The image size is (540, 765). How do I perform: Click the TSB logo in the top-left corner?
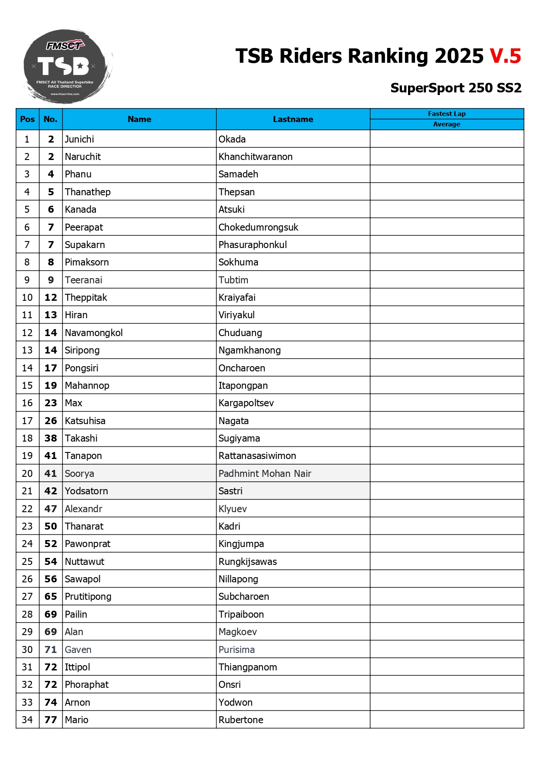coord(66,66)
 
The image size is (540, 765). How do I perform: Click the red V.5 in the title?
coord(505,56)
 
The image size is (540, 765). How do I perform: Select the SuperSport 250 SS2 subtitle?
coord(456,88)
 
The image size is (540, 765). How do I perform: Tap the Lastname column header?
coord(293,119)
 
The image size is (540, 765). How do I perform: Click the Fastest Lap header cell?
coord(446,114)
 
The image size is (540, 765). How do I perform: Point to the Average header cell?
coord(446,124)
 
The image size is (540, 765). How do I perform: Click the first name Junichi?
coord(79,139)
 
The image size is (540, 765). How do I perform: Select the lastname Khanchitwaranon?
coord(255,156)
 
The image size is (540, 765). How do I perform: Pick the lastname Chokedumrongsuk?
coord(258,227)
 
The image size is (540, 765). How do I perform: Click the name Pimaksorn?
coord(87,262)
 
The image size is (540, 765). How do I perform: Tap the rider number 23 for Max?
coord(51,403)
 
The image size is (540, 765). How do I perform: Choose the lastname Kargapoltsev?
coord(246,403)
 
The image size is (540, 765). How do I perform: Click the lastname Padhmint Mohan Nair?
coord(265,473)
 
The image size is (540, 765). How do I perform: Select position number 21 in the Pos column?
coord(27,491)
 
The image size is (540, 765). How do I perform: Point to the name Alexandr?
coord(84,509)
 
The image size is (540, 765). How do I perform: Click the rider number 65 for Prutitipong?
coord(51,596)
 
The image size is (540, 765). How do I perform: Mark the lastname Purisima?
coord(236,649)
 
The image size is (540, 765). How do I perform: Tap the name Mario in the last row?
coord(77,720)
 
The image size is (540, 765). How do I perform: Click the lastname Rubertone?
coord(241,720)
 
